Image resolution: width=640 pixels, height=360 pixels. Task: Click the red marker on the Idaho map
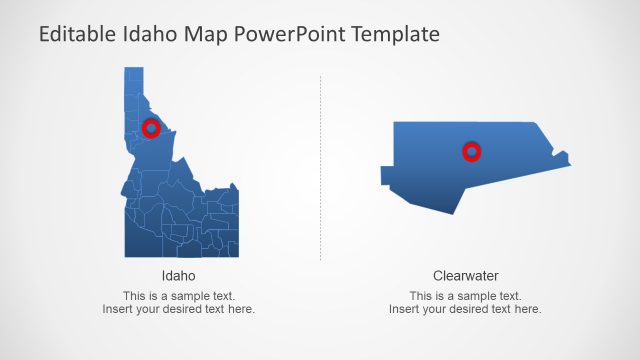(x=151, y=128)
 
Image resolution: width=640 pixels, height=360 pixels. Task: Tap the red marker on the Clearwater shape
(x=471, y=151)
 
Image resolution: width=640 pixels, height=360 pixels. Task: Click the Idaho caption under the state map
(x=178, y=276)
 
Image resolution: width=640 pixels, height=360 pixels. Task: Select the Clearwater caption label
(x=465, y=276)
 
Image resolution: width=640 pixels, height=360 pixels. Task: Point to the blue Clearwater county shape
(x=430, y=165)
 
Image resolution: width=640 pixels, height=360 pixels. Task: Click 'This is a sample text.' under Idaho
(x=178, y=296)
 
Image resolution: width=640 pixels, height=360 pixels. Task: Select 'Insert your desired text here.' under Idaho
(x=178, y=309)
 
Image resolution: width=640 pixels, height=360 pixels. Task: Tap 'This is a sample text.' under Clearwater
(x=465, y=296)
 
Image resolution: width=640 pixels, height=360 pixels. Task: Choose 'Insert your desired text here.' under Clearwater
(x=465, y=309)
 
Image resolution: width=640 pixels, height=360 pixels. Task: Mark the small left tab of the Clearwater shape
(x=386, y=176)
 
